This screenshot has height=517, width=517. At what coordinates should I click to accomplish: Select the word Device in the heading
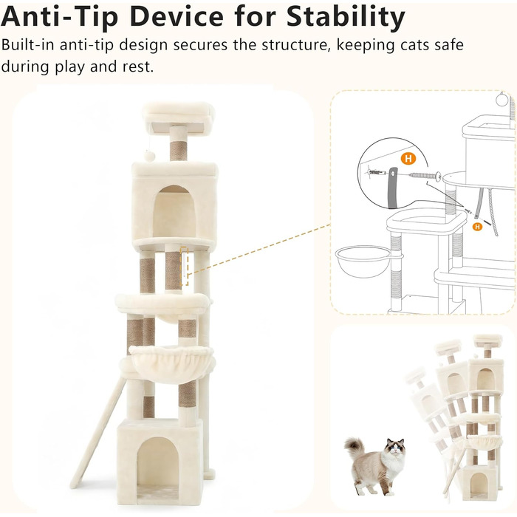177,16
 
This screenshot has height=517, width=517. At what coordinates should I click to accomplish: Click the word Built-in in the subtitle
28,45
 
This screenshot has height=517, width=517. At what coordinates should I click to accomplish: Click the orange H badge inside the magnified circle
408,159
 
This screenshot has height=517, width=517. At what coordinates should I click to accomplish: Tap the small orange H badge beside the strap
477,227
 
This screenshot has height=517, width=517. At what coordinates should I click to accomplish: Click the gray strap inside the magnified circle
393,188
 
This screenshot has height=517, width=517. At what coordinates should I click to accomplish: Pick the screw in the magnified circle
425,176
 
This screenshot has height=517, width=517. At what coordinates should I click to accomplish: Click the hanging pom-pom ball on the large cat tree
149,156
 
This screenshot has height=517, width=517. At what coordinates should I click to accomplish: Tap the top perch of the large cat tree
179,118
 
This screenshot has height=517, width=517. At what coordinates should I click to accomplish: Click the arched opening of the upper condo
174,212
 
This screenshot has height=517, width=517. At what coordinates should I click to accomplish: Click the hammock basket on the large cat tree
171,364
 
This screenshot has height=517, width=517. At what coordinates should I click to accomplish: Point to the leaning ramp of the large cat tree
98,433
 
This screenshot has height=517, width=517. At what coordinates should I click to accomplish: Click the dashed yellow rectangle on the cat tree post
185,267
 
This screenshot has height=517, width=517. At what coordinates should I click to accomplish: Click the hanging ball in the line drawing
502,99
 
